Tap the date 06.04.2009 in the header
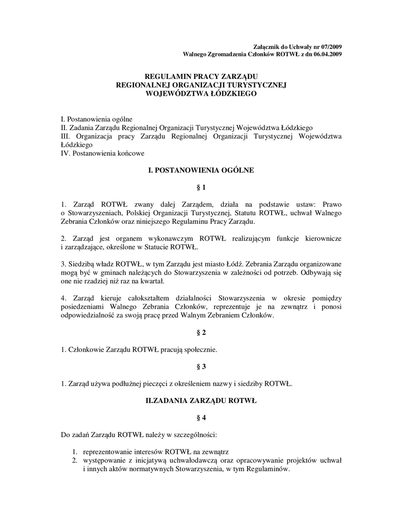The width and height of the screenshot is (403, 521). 324,53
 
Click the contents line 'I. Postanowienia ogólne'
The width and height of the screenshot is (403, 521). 96,119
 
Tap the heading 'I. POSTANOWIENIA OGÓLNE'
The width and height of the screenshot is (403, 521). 201,170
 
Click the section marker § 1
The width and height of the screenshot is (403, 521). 201,188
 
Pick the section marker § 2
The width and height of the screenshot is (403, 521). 201,332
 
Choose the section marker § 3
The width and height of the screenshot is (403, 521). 201,366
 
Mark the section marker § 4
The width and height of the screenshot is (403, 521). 201,418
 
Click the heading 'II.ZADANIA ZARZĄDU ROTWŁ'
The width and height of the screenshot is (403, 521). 201,401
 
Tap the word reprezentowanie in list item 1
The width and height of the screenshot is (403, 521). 108,452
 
